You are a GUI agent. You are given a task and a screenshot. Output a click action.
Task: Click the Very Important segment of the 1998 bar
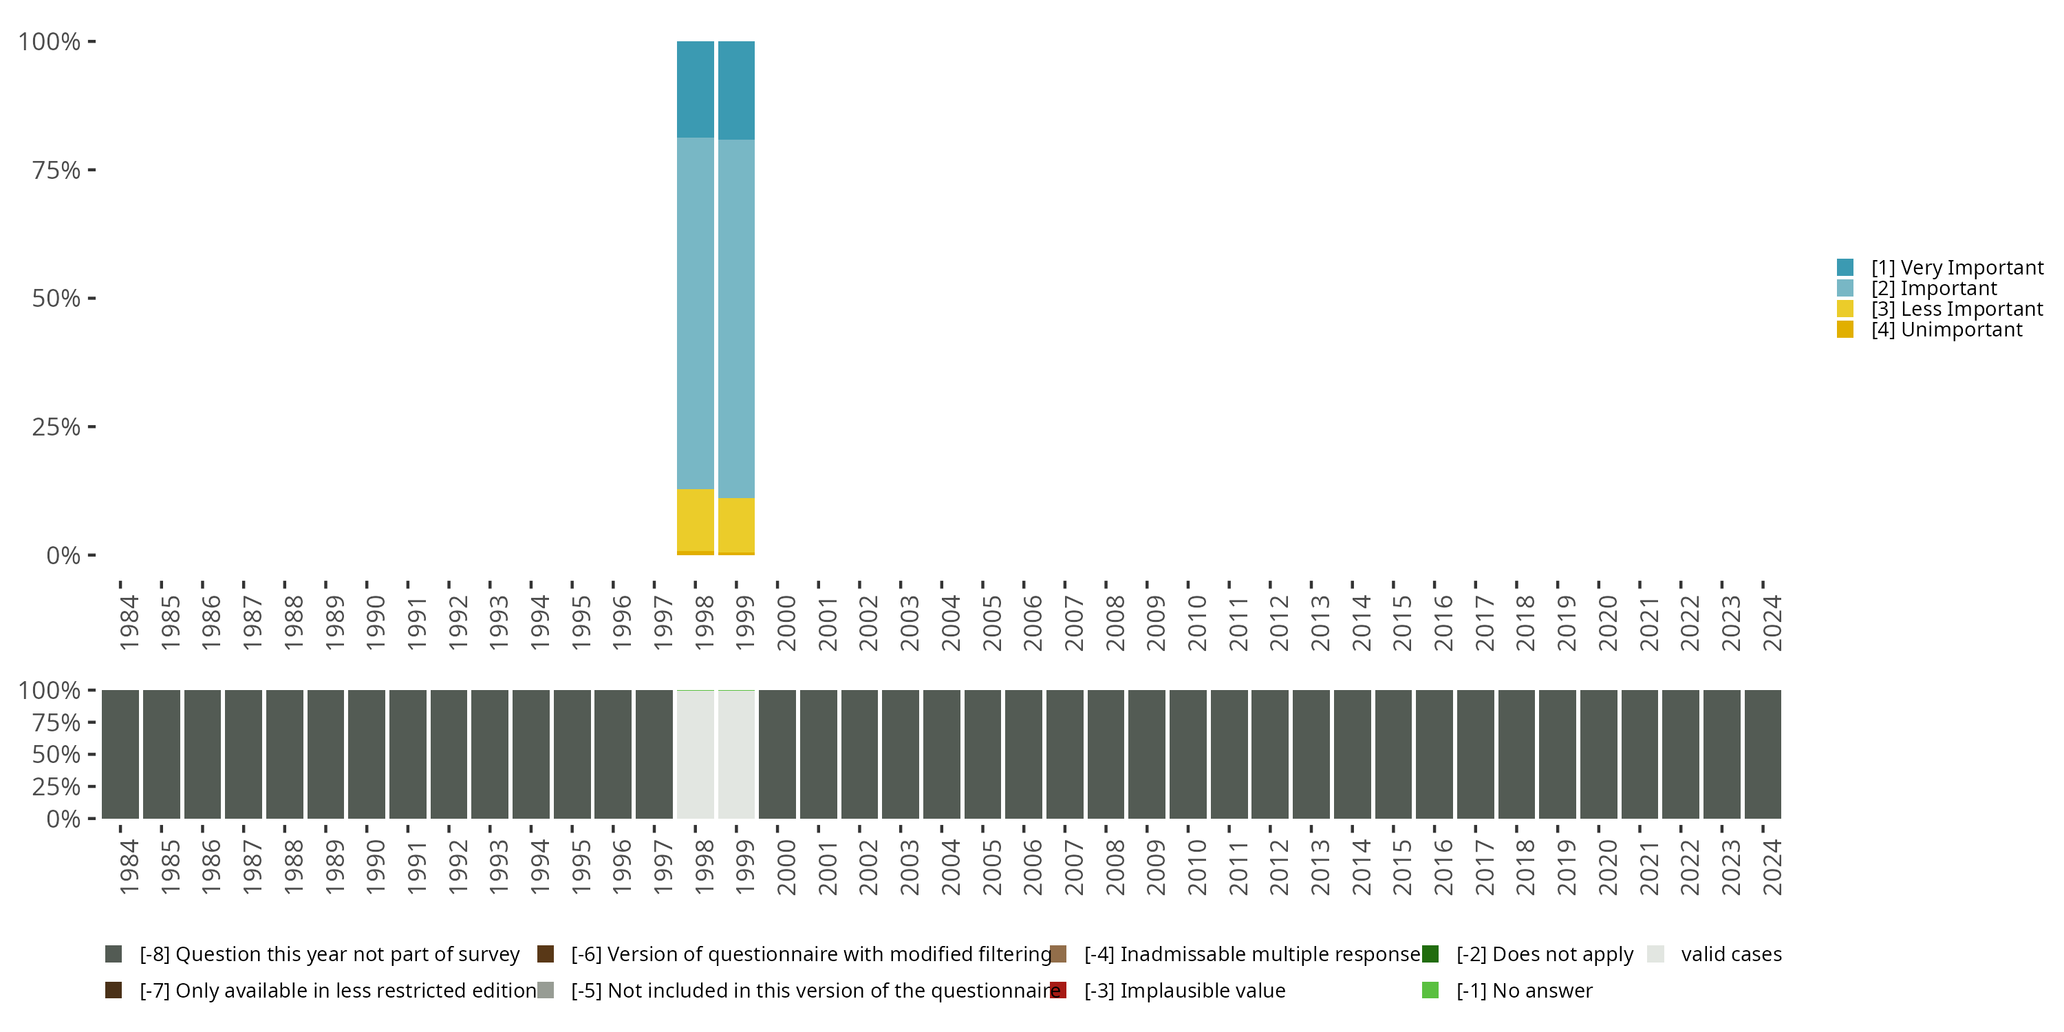pyautogui.click(x=695, y=89)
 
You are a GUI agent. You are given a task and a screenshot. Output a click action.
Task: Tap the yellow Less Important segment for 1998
pyautogui.click(x=695, y=520)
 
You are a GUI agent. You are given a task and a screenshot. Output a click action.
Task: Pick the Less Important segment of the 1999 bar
pyautogui.click(x=735, y=525)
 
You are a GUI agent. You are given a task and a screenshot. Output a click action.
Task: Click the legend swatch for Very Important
pyautogui.click(x=1845, y=268)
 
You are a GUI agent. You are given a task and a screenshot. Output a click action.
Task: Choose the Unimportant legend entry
pyautogui.click(x=1946, y=330)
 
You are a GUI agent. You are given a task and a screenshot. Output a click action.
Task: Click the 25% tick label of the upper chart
pyautogui.click(x=56, y=427)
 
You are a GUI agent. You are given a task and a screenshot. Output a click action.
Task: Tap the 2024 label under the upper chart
pyautogui.click(x=1772, y=623)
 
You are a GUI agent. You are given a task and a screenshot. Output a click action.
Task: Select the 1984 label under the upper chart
pyautogui.click(x=128, y=623)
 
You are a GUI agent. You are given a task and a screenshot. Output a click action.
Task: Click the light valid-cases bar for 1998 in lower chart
pyautogui.click(x=695, y=754)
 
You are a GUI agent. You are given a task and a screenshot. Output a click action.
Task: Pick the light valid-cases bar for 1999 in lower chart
pyautogui.click(x=735, y=754)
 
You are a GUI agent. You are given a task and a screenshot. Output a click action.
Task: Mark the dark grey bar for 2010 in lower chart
pyautogui.click(x=1187, y=754)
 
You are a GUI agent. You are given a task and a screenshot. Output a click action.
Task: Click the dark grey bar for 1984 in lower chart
pyautogui.click(x=120, y=754)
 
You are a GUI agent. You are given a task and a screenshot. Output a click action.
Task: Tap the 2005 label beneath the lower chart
pyautogui.click(x=991, y=868)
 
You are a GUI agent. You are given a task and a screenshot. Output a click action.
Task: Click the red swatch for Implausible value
pyautogui.click(x=1058, y=990)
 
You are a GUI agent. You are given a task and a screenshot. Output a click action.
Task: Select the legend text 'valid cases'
pyautogui.click(x=1731, y=954)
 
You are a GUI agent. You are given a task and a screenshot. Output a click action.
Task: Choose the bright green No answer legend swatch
pyautogui.click(x=1430, y=990)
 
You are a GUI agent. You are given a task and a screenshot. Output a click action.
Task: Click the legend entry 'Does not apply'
pyautogui.click(x=1544, y=954)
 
